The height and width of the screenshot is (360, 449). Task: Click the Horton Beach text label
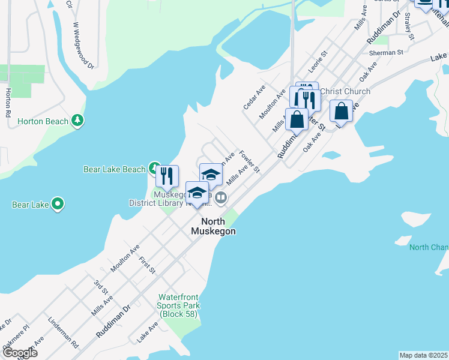pyautogui.click(x=43, y=121)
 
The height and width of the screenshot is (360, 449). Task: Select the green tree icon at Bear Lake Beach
pyautogui.click(x=154, y=169)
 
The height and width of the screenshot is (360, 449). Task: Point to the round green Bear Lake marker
pyautogui.click(x=58, y=205)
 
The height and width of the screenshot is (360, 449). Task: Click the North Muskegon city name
pyautogui.click(x=214, y=226)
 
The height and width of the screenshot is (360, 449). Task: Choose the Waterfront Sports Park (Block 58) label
pyautogui.click(x=179, y=305)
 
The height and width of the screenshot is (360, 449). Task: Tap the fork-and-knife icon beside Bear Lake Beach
pyautogui.click(x=167, y=176)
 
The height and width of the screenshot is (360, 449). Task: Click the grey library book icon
pyautogui.click(x=221, y=197)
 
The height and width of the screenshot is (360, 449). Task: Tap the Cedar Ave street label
pyautogui.click(x=254, y=97)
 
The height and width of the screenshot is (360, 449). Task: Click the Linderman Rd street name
pyautogui.click(x=64, y=334)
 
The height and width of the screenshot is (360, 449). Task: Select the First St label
pyautogui.click(x=146, y=266)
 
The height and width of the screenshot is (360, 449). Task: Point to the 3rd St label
pyautogui.click(x=100, y=287)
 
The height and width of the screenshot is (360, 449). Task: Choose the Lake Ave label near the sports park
pyautogui.click(x=147, y=331)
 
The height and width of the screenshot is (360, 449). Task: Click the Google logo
pyautogui.click(x=19, y=353)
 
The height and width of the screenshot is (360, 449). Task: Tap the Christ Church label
pyautogui.click(x=345, y=91)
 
